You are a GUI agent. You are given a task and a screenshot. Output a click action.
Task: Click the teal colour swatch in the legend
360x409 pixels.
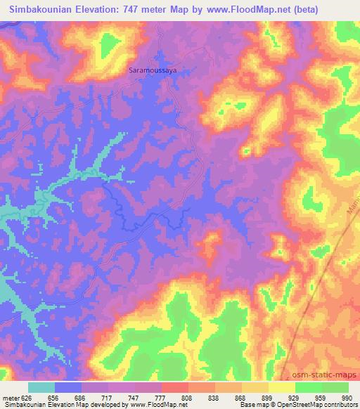[41, 387]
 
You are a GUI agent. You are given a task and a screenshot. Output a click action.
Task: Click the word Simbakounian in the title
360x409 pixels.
[47, 10]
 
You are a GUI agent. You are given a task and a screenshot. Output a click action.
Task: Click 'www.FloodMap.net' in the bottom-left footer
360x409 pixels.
[147, 405]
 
